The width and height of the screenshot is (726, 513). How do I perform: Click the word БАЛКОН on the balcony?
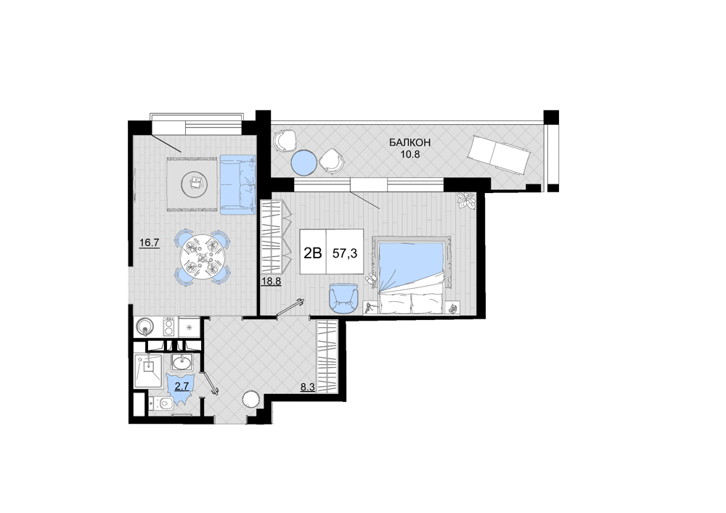coord(409,142)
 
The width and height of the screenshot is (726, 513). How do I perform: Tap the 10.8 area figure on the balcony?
coord(409,155)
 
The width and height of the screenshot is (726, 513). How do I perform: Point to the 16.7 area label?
coord(149,242)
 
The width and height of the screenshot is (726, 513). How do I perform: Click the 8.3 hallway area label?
coord(307,387)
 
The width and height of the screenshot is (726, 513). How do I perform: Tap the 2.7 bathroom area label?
coord(182,386)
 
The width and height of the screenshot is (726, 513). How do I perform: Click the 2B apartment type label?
coord(312,253)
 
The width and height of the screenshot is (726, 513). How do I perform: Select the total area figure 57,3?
coord(345,253)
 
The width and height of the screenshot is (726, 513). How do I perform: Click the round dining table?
coord(202,257)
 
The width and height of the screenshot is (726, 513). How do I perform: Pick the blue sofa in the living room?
coord(238,184)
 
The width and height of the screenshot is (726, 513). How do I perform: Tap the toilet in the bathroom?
coord(161,403)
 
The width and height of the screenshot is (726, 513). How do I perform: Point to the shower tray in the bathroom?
coord(147,370)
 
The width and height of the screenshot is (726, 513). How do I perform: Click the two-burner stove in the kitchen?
coord(169,327)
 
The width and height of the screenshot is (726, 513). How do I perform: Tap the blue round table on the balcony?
coord(304,163)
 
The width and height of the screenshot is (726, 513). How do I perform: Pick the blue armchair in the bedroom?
coord(344,299)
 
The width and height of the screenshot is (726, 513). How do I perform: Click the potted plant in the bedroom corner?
coord(465,202)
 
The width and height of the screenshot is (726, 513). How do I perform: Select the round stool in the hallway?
coord(252,399)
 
